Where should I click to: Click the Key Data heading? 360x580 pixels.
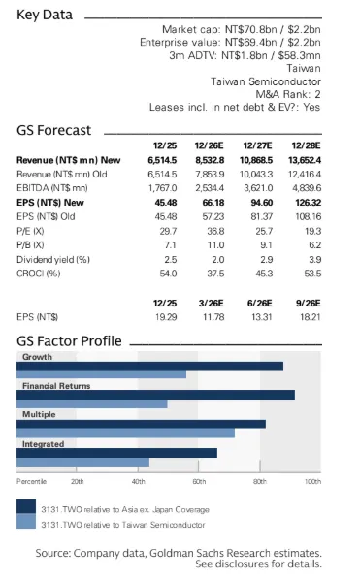point(45,15)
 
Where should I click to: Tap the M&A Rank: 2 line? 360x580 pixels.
point(288,94)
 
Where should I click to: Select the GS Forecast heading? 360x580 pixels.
point(54,130)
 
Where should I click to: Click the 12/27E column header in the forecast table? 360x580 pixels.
point(257,145)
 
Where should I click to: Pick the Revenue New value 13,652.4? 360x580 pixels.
point(305,160)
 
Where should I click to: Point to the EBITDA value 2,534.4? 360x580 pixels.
point(210,188)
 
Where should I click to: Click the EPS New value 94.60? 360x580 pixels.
point(262,203)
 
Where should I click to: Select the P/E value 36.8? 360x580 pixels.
point(215,231)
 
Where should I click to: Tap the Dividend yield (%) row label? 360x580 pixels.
point(53,260)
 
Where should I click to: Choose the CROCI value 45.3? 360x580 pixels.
point(264,274)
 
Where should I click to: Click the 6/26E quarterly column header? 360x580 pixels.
point(260,304)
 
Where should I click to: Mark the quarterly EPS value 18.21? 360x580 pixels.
point(311,317)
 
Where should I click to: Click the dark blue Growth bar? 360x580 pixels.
point(149,366)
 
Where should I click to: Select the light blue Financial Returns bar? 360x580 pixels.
point(92,403)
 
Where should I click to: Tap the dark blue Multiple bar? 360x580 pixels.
point(141,424)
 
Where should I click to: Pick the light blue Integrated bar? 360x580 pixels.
point(82,462)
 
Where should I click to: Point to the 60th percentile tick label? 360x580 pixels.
point(199,482)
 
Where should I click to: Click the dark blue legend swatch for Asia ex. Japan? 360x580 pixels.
point(26,506)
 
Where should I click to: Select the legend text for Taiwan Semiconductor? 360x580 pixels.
point(123,525)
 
